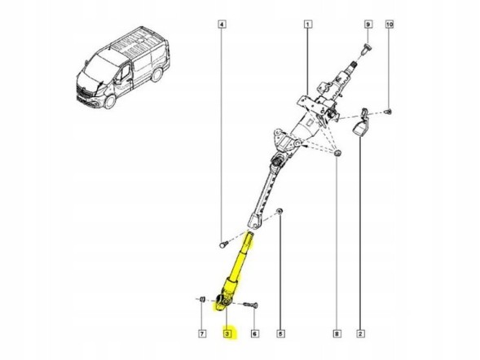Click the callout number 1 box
(307, 25)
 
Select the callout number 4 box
(222, 25)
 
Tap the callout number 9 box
(368, 25)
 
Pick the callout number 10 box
(390, 25)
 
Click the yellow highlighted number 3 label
(227, 333)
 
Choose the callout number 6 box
(254, 333)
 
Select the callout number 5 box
(280, 333)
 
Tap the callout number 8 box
(337, 333)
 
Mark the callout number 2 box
(360, 333)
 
